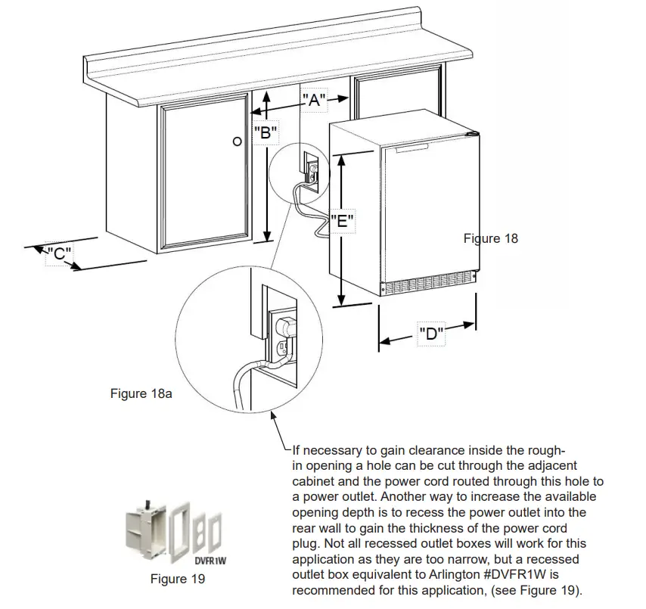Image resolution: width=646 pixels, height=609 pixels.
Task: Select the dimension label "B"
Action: (266, 134)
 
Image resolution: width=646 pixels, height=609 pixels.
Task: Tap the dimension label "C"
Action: (58, 254)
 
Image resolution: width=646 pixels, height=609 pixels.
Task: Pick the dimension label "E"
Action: (343, 222)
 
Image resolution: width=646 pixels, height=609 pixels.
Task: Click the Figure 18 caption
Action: (491, 238)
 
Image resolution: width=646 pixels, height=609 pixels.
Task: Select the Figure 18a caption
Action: (141, 393)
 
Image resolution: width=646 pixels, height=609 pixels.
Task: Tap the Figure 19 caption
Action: (178, 579)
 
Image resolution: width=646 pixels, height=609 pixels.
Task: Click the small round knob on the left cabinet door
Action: (237, 141)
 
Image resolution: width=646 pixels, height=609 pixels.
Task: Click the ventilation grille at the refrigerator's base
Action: (428, 287)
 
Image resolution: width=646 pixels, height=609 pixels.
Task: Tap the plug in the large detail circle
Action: (285, 327)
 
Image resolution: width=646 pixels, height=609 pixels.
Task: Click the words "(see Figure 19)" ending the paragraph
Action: (540, 589)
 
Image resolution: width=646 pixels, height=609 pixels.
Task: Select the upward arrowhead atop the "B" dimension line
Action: (266, 96)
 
